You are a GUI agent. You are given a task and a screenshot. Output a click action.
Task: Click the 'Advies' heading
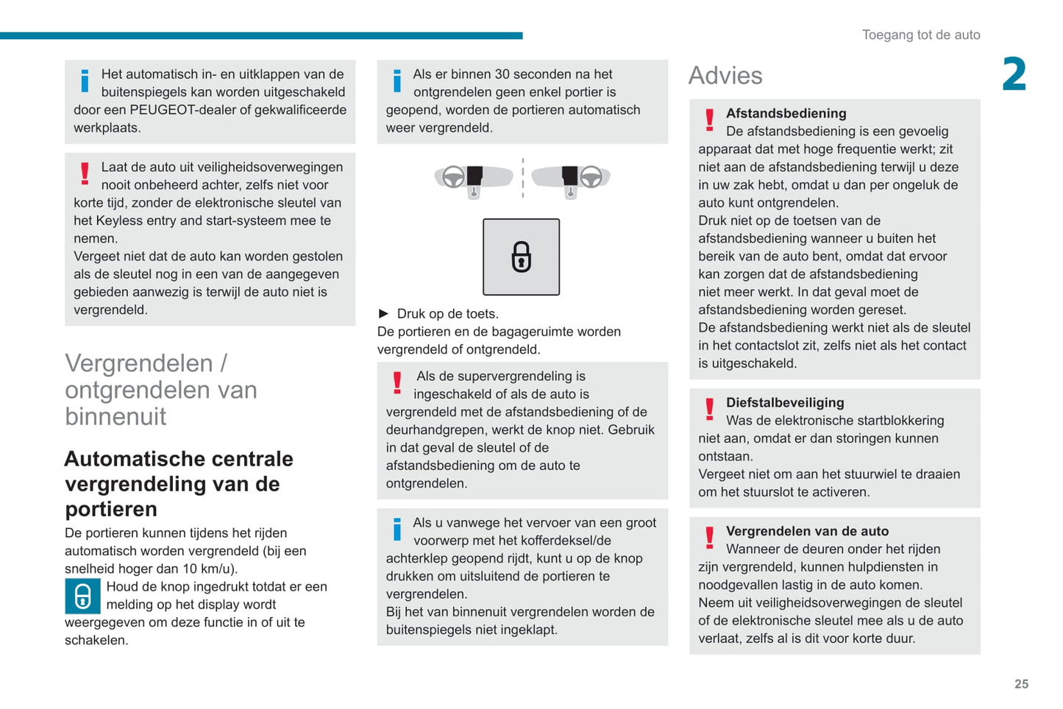coord(725,76)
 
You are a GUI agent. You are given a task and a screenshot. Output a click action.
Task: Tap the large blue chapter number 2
coord(1014,74)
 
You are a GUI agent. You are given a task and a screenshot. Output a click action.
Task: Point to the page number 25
coord(1021,684)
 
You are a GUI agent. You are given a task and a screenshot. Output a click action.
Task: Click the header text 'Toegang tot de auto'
coord(921,35)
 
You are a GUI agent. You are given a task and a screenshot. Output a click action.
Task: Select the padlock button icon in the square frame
coord(521,257)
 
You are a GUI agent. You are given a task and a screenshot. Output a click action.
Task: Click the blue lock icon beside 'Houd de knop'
coord(82,596)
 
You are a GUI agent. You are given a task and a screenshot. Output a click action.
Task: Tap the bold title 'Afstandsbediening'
coord(786,113)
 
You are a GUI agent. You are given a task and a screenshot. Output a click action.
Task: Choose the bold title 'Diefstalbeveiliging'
coord(785,402)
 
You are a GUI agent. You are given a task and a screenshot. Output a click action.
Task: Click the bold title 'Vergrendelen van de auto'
coord(807,531)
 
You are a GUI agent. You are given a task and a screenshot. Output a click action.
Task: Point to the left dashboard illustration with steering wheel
coord(473,178)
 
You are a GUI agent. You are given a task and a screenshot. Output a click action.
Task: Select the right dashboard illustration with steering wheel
coord(571,178)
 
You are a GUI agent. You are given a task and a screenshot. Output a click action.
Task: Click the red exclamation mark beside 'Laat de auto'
coord(85,174)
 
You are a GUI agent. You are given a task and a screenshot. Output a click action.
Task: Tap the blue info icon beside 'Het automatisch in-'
coord(85,80)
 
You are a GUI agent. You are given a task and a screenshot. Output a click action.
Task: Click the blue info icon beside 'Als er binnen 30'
coord(397,80)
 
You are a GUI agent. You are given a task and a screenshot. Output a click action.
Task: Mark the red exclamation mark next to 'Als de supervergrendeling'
coord(397,382)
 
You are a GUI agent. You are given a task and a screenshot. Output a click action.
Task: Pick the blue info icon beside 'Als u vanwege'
coord(397,529)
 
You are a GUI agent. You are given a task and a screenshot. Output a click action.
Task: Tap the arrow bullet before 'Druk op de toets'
coord(383,313)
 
